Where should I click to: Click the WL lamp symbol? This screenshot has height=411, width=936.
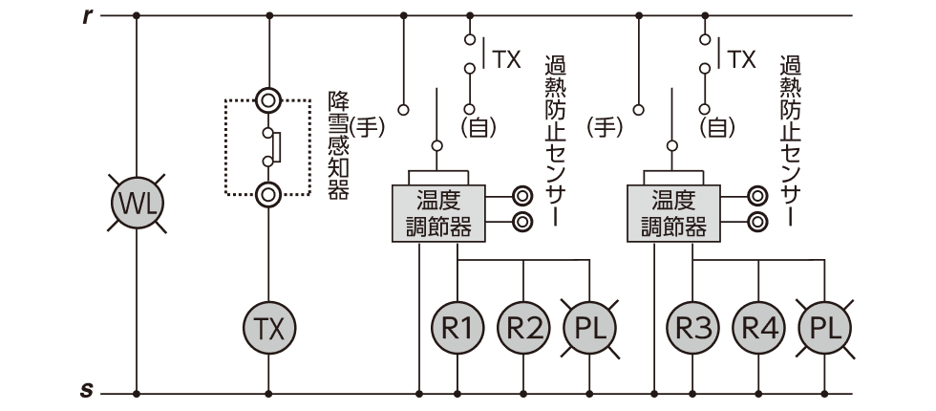(137, 204)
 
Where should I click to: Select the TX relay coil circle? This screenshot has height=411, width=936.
(268, 328)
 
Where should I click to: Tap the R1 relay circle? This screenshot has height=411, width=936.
(457, 328)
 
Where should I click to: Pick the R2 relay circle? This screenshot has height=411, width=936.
(523, 328)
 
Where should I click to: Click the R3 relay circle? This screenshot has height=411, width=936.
(692, 328)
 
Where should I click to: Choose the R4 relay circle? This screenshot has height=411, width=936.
(758, 328)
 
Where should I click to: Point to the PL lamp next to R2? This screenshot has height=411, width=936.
(589, 328)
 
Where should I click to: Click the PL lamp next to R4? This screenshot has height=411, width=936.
(824, 328)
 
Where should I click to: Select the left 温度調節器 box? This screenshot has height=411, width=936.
(438, 213)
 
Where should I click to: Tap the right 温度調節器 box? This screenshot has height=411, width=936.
(673, 213)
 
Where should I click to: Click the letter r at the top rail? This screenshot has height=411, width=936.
(87, 16)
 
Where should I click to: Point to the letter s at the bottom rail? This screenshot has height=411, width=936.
(87, 392)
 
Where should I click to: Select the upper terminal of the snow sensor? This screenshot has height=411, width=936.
(268, 98)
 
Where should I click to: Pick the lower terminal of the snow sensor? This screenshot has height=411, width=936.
(268, 194)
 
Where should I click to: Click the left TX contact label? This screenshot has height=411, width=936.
(506, 59)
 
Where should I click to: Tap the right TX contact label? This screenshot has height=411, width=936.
(741, 59)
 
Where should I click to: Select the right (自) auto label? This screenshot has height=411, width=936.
(716, 126)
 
